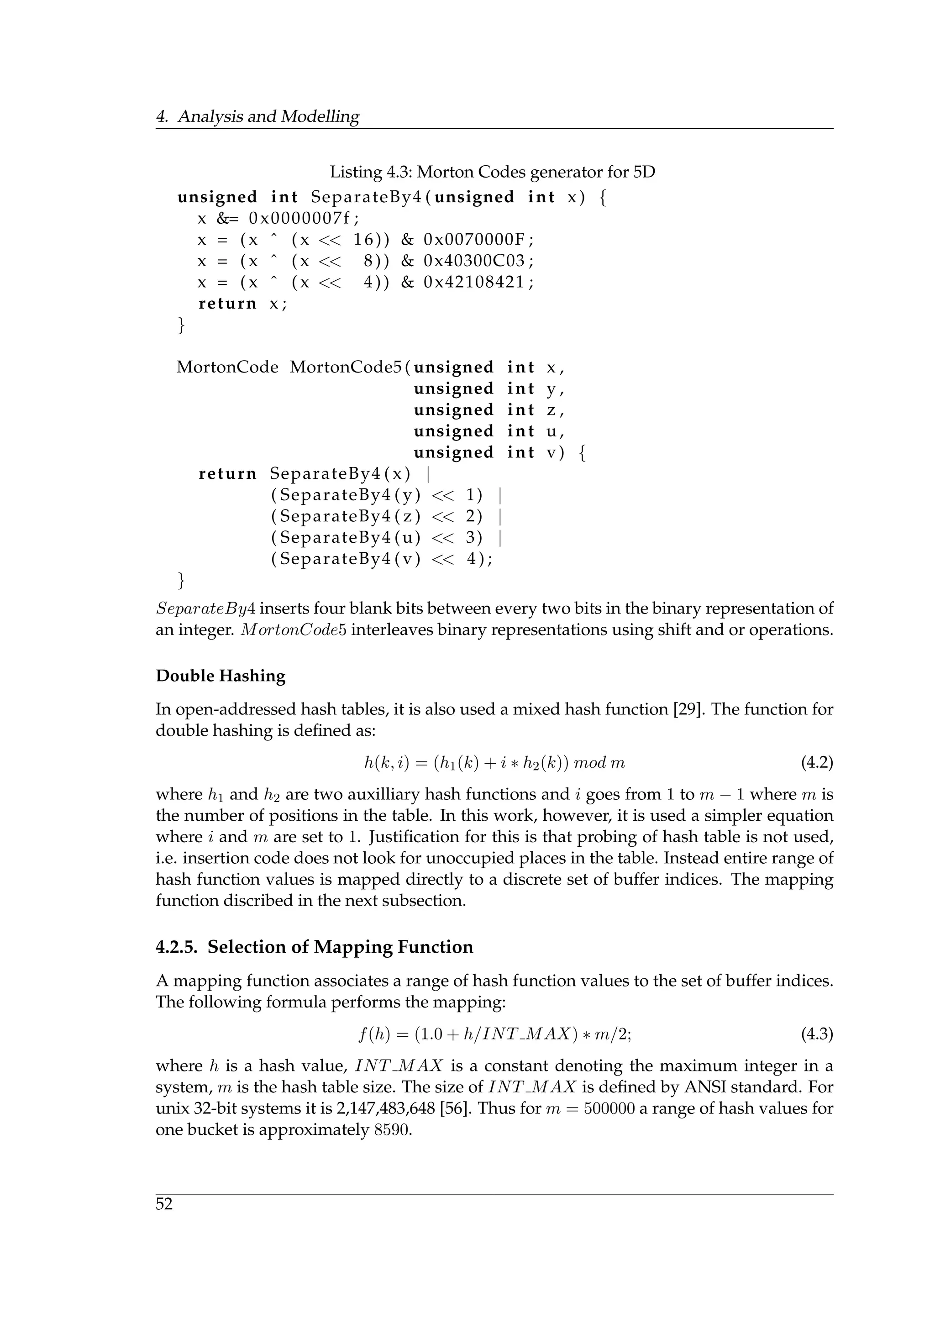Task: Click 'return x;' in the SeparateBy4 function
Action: point(242,304)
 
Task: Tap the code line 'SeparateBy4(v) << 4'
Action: point(380,559)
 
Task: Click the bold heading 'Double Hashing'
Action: point(221,676)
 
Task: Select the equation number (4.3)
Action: point(817,1035)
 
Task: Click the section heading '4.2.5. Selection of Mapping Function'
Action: point(315,947)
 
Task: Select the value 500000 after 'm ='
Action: point(609,1108)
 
